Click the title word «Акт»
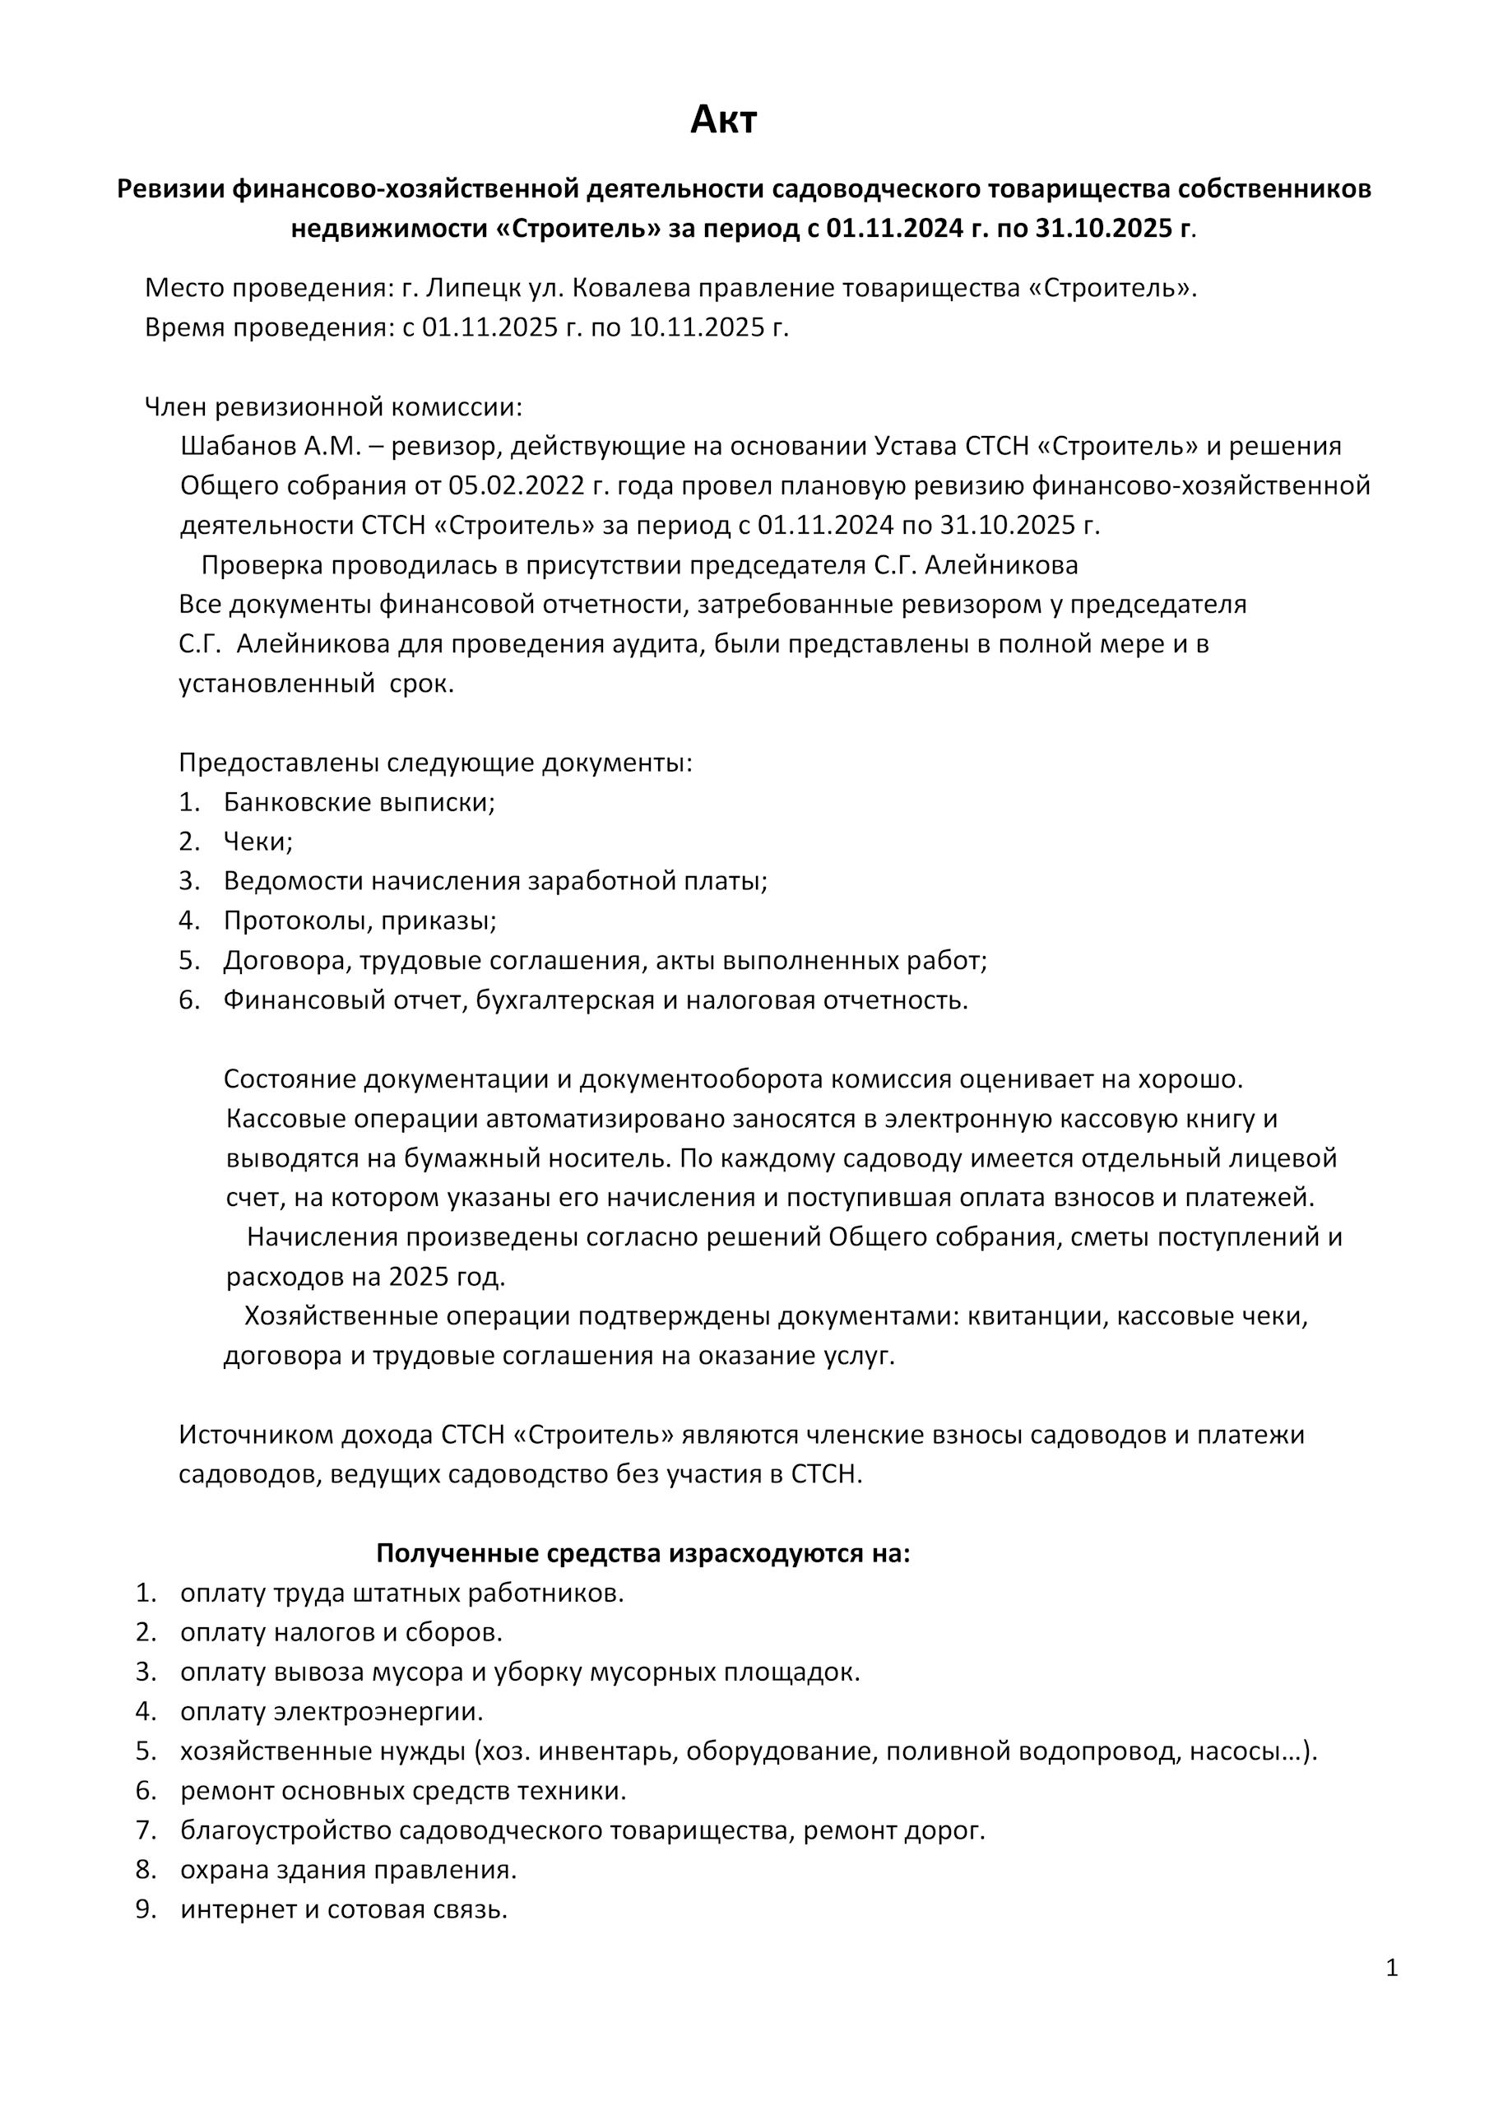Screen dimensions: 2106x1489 (x=723, y=120)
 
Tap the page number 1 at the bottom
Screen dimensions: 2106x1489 (x=1392, y=1968)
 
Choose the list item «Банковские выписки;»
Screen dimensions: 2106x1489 (x=359, y=803)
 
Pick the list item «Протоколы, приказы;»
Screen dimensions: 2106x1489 (x=359, y=921)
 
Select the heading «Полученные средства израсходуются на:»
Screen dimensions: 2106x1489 (x=642, y=1554)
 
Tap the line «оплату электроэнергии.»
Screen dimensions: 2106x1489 (x=332, y=1712)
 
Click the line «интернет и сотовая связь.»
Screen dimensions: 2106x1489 (x=344, y=1909)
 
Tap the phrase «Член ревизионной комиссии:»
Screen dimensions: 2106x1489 (x=333, y=407)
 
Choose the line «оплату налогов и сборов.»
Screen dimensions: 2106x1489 (x=341, y=1633)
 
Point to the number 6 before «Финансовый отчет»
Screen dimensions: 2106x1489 (x=189, y=1000)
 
